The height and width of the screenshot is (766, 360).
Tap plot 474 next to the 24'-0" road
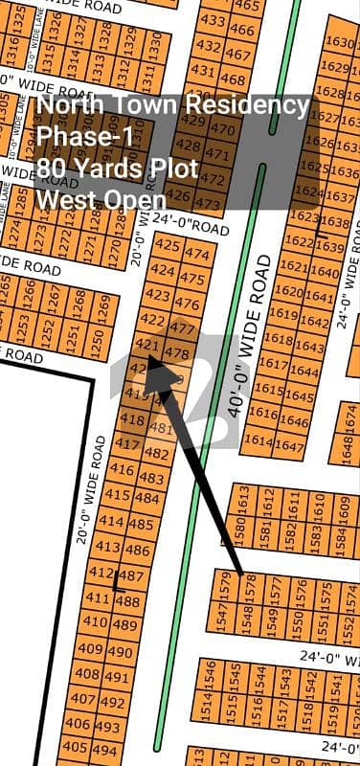[x=196, y=254]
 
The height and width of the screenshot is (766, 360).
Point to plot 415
[x=117, y=495]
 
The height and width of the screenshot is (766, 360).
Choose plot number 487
[x=131, y=576]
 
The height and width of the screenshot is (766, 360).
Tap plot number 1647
[x=288, y=444]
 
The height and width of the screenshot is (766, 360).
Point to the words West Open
[x=99, y=199]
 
